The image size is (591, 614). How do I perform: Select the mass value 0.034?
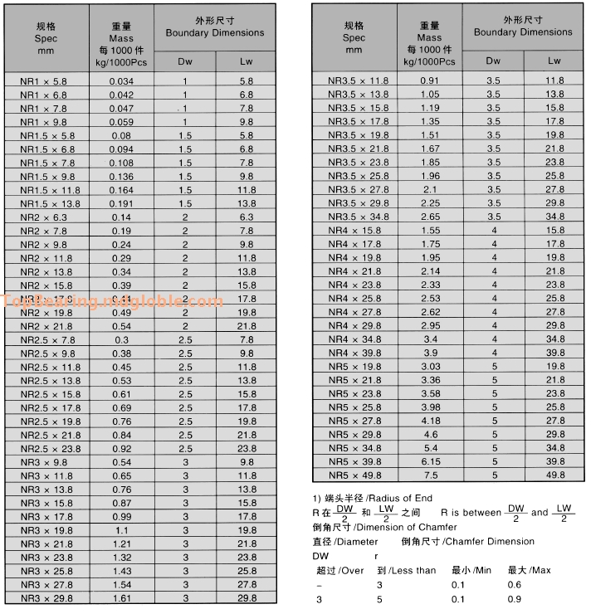(x=121, y=81)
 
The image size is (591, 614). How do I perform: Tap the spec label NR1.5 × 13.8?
(x=50, y=203)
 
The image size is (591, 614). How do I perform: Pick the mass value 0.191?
(x=121, y=203)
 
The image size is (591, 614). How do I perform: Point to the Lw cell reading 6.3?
(x=247, y=217)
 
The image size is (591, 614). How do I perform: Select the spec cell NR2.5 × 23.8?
(x=50, y=449)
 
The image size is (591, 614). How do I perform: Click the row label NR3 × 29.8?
(x=46, y=598)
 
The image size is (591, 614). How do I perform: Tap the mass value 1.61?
(x=121, y=598)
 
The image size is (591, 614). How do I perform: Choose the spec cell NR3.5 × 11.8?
(x=358, y=80)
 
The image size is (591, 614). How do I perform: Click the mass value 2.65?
(x=430, y=217)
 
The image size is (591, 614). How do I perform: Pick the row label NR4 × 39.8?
(x=354, y=353)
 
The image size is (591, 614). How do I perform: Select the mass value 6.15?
(x=430, y=461)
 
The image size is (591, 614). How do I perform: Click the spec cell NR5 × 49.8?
(x=354, y=475)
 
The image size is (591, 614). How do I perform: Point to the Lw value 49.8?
(x=554, y=475)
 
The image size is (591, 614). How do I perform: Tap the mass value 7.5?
(x=430, y=475)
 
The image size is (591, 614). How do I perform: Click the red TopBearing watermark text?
(x=113, y=301)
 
